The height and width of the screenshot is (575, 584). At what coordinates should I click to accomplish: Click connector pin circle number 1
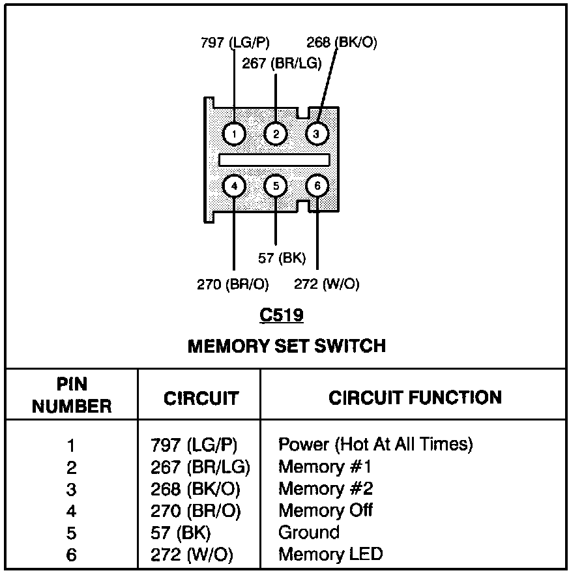coord(233,134)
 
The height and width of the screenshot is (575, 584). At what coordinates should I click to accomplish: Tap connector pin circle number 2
coord(276,134)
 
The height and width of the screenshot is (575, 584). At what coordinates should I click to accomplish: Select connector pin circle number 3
coord(317,134)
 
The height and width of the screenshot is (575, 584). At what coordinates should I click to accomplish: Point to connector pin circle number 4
coord(233,186)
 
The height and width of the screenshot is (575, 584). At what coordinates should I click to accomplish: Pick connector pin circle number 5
coord(276,186)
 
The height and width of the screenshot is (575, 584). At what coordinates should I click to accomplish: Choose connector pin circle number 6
coord(317,186)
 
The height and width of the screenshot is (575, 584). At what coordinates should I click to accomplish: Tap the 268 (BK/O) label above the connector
coord(342,43)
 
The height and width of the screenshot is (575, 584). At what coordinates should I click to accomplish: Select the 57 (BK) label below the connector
coord(282,258)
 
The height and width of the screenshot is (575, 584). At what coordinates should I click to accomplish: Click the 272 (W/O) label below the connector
coord(327,284)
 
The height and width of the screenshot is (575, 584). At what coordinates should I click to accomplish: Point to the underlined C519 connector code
coord(282,316)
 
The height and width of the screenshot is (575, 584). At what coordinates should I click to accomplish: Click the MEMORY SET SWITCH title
coord(286,346)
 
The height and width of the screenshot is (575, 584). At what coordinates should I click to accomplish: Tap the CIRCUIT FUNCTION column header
coord(415,398)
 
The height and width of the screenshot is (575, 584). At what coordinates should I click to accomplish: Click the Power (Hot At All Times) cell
coord(375,445)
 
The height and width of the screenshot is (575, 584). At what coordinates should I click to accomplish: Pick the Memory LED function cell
coord(330,555)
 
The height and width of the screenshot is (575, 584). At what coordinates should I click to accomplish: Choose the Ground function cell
coord(309,533)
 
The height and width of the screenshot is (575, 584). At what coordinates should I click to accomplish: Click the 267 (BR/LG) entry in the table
coord(200,467)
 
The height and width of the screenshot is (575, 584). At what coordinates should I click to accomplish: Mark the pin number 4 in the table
coord(71,511)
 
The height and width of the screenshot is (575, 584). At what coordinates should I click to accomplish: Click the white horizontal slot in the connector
coord(274,160)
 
